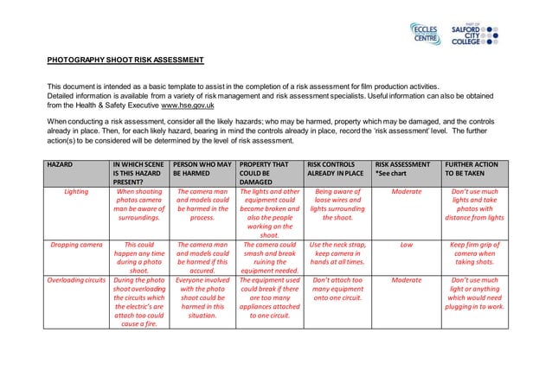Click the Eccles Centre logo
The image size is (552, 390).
pyautogui.click(x=425, y=34)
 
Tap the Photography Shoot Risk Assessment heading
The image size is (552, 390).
pyautogui.click(x=125, y=60)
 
